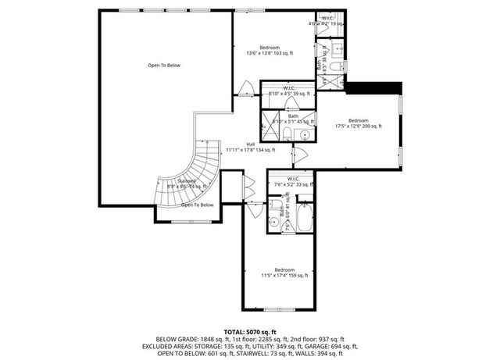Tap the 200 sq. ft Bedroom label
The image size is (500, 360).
tap(359, 123)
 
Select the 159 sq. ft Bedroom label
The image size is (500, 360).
tap(284, 273)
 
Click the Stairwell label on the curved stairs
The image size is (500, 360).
tap(186, 183)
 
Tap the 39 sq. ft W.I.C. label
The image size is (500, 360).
tap(289, 91)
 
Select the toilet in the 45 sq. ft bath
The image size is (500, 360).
tap(286, 136)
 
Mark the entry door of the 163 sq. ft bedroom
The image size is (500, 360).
tap(246, 87)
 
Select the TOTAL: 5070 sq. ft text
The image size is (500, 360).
tap(250, 332)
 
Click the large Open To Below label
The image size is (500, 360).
tap(164, 66)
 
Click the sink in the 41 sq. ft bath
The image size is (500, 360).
tap(274, 222)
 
